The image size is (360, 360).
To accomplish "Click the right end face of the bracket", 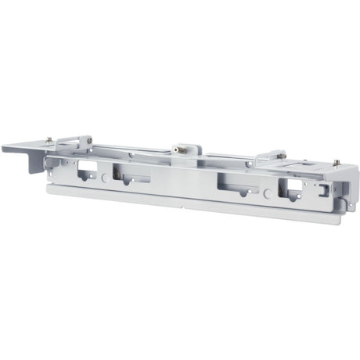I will [x=344, y=192].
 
